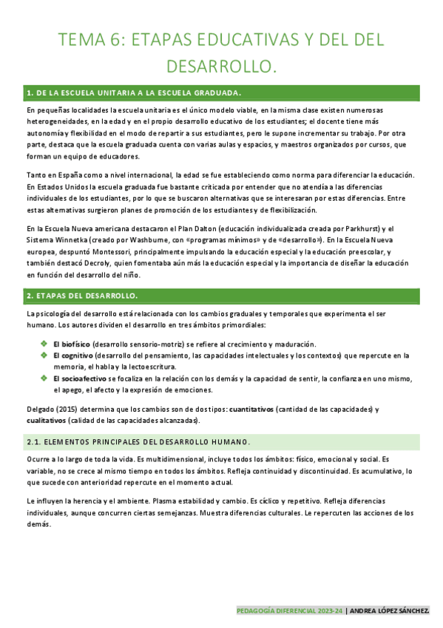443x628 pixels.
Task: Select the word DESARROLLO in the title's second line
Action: [x=221, y=67]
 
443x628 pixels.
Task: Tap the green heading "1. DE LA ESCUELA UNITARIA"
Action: [x=133, y=93]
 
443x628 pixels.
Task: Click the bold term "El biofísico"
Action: [x=70, y=344]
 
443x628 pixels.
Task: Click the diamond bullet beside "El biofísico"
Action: [x=44, y=344]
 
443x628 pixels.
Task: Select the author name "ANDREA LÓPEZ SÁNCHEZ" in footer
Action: [x=391, y=611]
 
